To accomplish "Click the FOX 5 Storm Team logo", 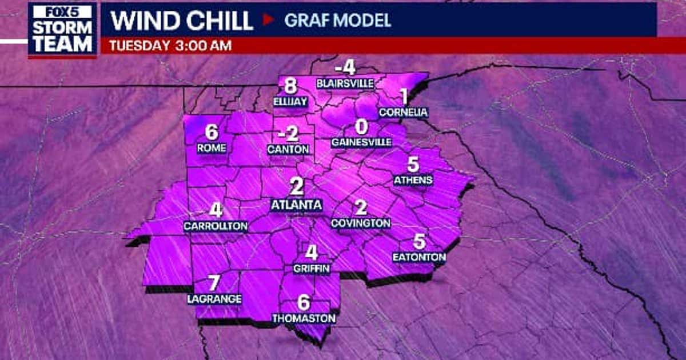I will tap(62, 30).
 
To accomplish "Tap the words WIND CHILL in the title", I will tap(182, 21).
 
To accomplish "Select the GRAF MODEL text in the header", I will tap(338, 21).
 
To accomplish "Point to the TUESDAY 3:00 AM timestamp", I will tap(170, 46).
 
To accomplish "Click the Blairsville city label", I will tap(345, 83).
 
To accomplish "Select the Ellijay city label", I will tap(290, 102).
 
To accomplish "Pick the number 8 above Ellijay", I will tap(290, 86).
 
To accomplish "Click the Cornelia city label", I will tap(403, 112).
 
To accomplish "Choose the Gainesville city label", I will tap(361, 142).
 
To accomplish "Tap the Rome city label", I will tap(211, 148).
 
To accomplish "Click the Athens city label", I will tap(413, 181).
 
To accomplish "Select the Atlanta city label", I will tap(296, 205).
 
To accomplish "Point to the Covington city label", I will tap(360, 223).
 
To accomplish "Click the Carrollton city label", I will tap(216, 226).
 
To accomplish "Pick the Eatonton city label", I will tap(419, 258).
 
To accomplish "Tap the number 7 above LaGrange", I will tap(214, 283).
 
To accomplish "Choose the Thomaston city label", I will tap(304, 318).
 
